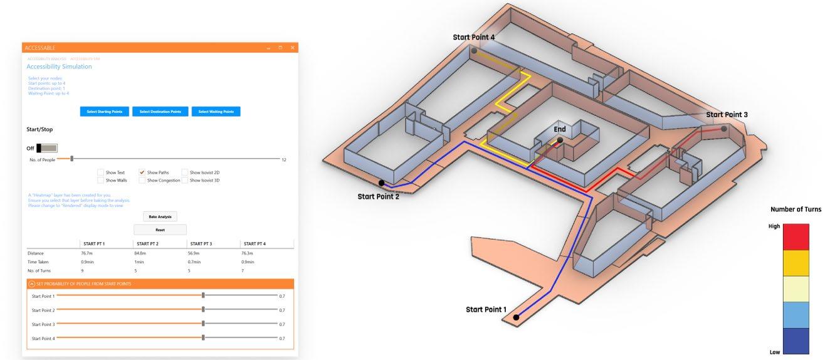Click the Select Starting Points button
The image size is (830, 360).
point(105,112)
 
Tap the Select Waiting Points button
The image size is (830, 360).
point(216,112)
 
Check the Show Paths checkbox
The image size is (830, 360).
point(142,172)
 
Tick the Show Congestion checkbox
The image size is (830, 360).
point(142,181)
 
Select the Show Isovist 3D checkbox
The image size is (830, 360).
point(185,181)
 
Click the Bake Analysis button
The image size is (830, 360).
point(160,216)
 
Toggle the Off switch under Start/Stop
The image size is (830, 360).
point(47,148)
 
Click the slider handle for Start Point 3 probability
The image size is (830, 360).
point(203,324)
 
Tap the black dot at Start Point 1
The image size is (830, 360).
point(516,317)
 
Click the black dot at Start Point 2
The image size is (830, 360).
point(381,183)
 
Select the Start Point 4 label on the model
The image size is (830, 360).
point(473,38)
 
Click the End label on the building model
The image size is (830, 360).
point(559,130)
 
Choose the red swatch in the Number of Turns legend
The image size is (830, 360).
point(796,237)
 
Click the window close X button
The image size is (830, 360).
point(292,48)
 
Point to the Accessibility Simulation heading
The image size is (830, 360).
point(59,66)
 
